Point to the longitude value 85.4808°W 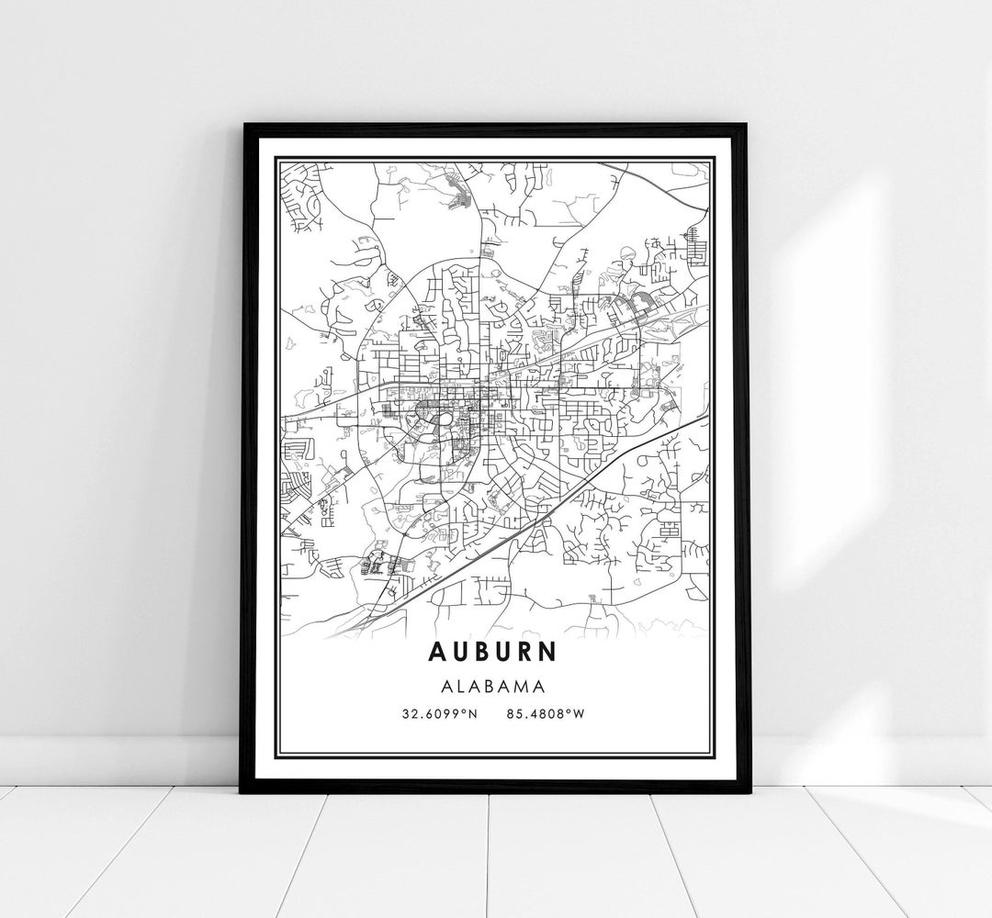coord(545,711)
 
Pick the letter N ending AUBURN coord(547,651)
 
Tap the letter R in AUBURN coord(524,651)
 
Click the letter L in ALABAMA coord(458,685)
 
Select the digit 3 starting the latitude coord(405,711)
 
